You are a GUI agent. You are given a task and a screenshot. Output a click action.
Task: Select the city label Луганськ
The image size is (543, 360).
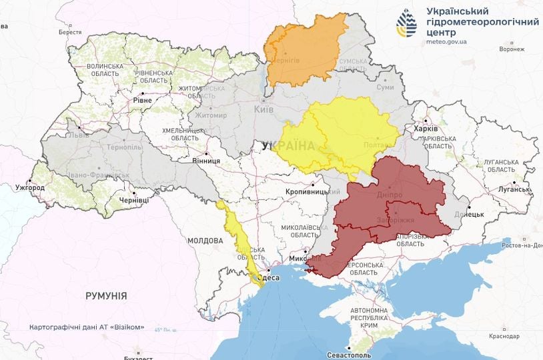coord(511,189)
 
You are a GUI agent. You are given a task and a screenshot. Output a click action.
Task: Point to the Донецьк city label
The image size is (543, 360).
coord(469,215)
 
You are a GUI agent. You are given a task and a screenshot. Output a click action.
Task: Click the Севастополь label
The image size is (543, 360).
coord(351,354)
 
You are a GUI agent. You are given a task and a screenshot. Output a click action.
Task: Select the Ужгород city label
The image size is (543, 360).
coord(31,187)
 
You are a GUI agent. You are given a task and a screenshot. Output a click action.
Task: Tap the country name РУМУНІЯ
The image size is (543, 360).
coord(106,295)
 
